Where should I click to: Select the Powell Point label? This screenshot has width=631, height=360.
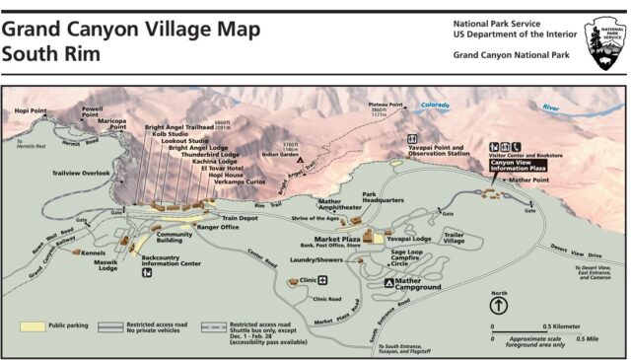(x=91, y=111)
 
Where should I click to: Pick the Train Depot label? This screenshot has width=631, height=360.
(x=239, y=218)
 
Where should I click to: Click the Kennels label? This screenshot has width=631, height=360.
(x=94, y=252)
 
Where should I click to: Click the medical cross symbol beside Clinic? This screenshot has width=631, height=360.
(x=321, y=280)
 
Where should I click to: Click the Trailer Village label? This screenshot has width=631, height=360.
(x=454, y=237)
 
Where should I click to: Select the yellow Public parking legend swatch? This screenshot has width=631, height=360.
(x=32, y=324)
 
